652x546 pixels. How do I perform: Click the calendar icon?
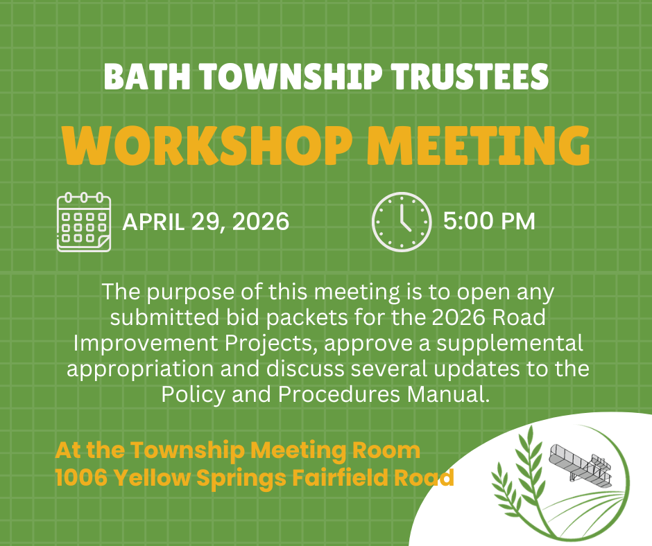tap(83, 222)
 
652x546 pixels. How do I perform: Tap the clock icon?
tap(402, 222)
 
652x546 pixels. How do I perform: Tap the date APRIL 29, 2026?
tap(206, 222)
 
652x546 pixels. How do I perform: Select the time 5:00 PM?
tap(489, 222)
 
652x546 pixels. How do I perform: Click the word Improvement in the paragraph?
tap(137, 344)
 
